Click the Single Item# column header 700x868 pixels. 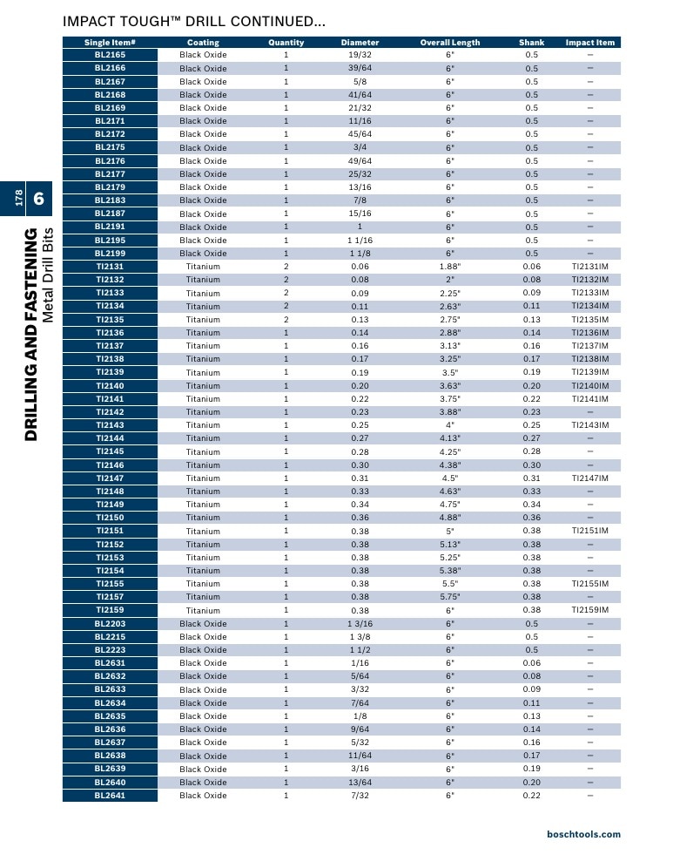coord(110,42)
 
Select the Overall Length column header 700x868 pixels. coord(450,42)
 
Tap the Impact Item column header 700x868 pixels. coord(590,42)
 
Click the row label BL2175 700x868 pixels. coord(110,147)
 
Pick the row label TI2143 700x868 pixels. coord(110,425)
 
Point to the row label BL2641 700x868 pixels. coord(110,796)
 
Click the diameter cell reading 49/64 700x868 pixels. coord(360,160)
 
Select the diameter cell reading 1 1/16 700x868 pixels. coord(360,241)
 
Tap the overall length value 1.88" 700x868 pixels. coord(450,267)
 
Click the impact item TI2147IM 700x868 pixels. coord(590,478)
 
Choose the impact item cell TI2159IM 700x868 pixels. coord(590,610)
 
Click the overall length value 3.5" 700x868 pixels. coord(450,372)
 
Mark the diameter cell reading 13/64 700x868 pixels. coord(360,783)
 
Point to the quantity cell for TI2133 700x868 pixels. coord(286,293)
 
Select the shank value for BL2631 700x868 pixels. coord(531,662)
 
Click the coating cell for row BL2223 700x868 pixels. coord(203,650)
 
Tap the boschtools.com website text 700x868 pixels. coord(584,834)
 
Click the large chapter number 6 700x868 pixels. coord(38,198)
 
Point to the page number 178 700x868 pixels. coord(19,198)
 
